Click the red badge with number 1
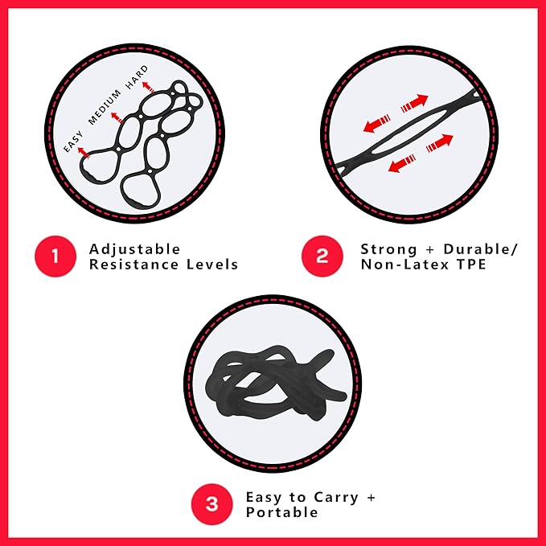point(55,257)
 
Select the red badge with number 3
point(211,504)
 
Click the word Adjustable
point(134,248)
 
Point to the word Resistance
point(135,265)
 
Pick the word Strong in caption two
point(388,248)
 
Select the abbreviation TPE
point(471,265)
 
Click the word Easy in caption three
point(264,497)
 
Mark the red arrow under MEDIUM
point(115,117)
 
